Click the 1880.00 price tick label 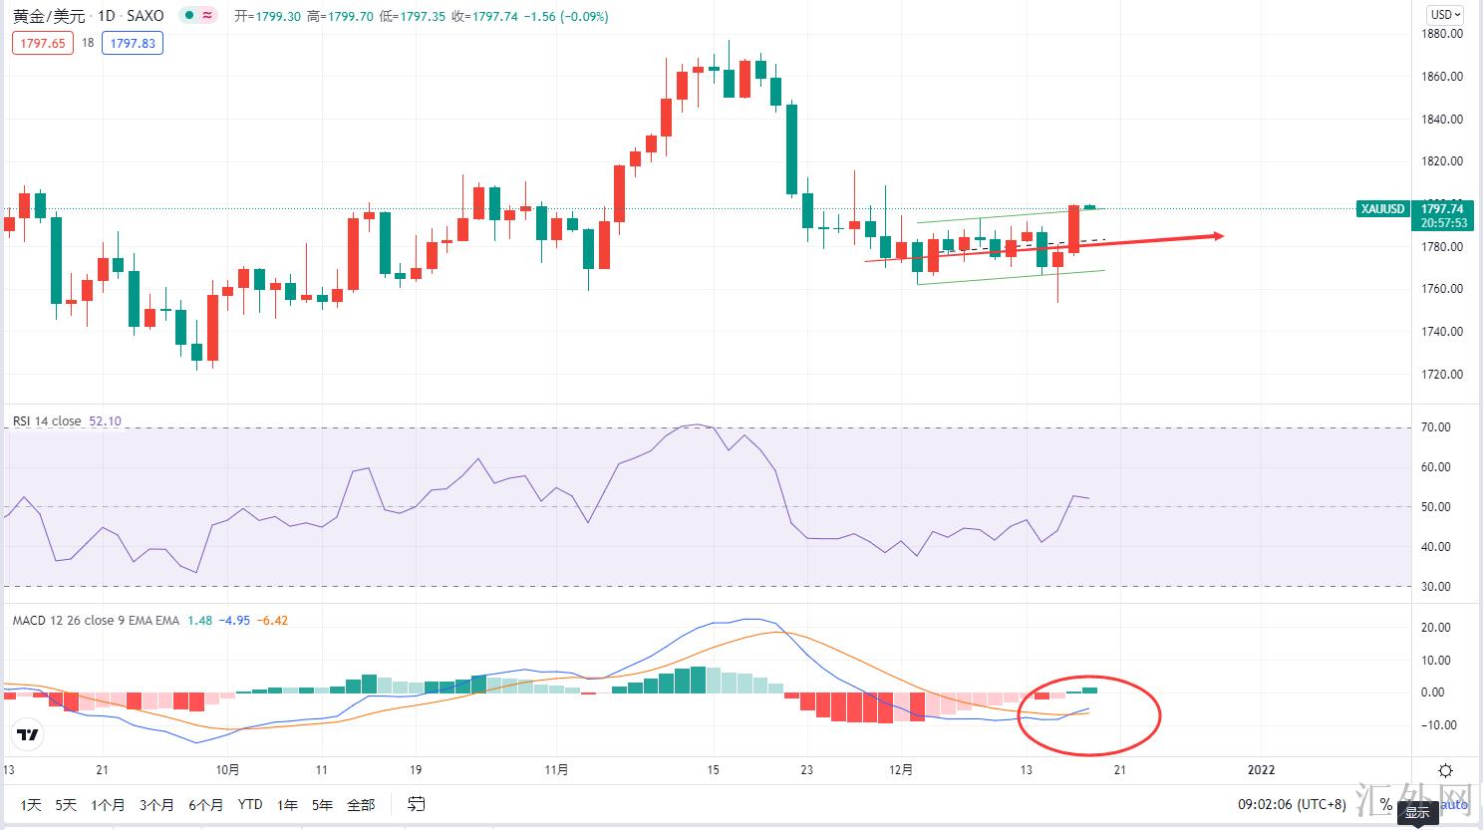pyautogui.click(x=1442, y=33)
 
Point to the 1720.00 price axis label pyautogui.click(x=1442, y=375)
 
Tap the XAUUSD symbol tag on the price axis pyautogui.click(x=1383, y=209)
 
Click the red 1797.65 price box pyautogui.click(x=43, y=43)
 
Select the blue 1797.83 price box pyautogui.click(x=133, y=43)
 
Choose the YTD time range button pyautogui.click(x=250, y=804)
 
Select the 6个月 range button pyautogui.click(x=205, y=804)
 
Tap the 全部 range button pyautogui.click(x=361, y=804)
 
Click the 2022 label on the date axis pyautogui.click(x=1261, y=769)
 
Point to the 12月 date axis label pyautogui.click(x=901, y=769)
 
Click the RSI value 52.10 pyautogui.click(x=105, y=421)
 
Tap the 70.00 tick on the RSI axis pyautogui.click(x=1436, y=427)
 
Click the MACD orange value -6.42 pyautogui.click(x=272, y=620)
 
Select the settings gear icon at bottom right pyautogui.click(x=1445, y=770)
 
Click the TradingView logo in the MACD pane pyautogui.click(x=28, y=735)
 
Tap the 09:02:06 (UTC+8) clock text pyautogui.click(x=1292, y=804)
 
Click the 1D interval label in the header pyautogui.click(x=106, y=16)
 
